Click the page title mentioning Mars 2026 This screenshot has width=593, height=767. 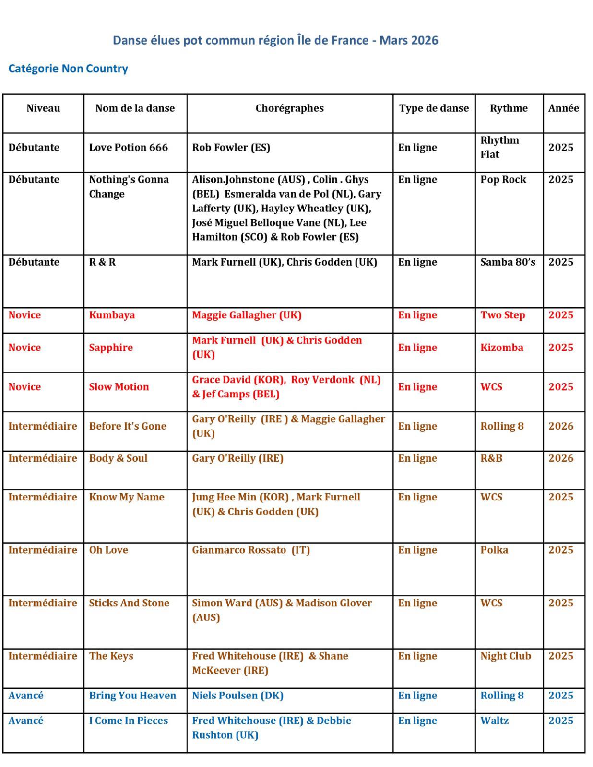tap(275, 40)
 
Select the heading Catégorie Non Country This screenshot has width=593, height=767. tap(68, 69)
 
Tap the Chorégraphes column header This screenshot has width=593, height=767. tap(289, 108)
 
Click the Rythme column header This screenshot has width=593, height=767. tap(509, 108)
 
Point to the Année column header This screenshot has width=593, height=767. tap(563, 108)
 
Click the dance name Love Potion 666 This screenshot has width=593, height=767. tap(128, 148)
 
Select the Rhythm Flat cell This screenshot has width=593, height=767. tap(499, 148)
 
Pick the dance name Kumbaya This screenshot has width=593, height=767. tap(112, 315)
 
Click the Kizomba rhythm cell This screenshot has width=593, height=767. tap(501, 348)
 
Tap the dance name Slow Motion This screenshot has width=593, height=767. tap(119, 387)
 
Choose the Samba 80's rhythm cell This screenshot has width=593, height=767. tap(508, 262)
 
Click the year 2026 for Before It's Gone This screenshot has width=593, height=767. tap(561, 426)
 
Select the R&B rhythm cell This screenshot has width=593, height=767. tap(491, 458)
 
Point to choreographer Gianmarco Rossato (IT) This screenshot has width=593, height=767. tap(251, 550)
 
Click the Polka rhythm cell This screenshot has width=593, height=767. tap(494, 550)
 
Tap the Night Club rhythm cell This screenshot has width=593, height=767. tap(506, 656)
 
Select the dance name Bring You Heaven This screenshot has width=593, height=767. tap(132, 696)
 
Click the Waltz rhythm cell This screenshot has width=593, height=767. tap(494, 721)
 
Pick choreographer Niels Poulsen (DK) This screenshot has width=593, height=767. tap(237, 696)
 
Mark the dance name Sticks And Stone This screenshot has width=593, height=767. tap(129, 603)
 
